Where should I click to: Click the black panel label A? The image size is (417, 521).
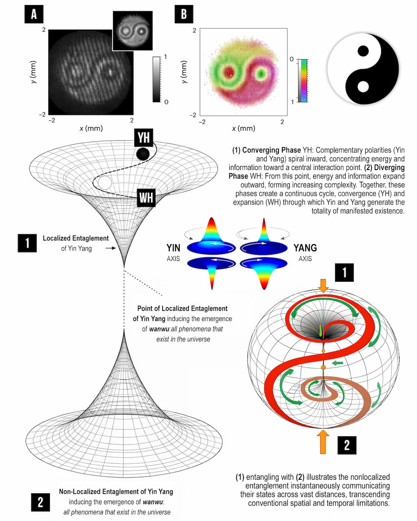[x=34, y=15]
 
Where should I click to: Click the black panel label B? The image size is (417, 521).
[x=183, y=15]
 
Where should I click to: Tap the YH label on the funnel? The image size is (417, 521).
[x=143, y=137]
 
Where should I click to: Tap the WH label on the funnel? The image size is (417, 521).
[x=146, y=197]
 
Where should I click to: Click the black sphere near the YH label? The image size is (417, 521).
[x=143, y=154]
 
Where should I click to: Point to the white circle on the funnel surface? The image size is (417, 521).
[x=104, y=183]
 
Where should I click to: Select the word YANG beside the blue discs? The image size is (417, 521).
[x=305, y=248]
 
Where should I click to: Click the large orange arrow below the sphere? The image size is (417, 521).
[x=323, y=442]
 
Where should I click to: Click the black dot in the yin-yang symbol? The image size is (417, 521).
[x=363, y=51]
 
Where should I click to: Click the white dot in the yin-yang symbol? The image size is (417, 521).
[x=363, y=86]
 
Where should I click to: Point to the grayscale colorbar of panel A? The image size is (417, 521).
[x=156, y=79]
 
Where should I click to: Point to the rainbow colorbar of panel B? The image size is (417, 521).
[x=304, y=81]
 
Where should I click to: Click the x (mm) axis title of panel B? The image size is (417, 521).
[x=243, y=128]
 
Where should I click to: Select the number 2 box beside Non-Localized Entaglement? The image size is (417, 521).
[x=40, y=502]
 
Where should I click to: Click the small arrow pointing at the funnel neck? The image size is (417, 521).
[x=111, y=248]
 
